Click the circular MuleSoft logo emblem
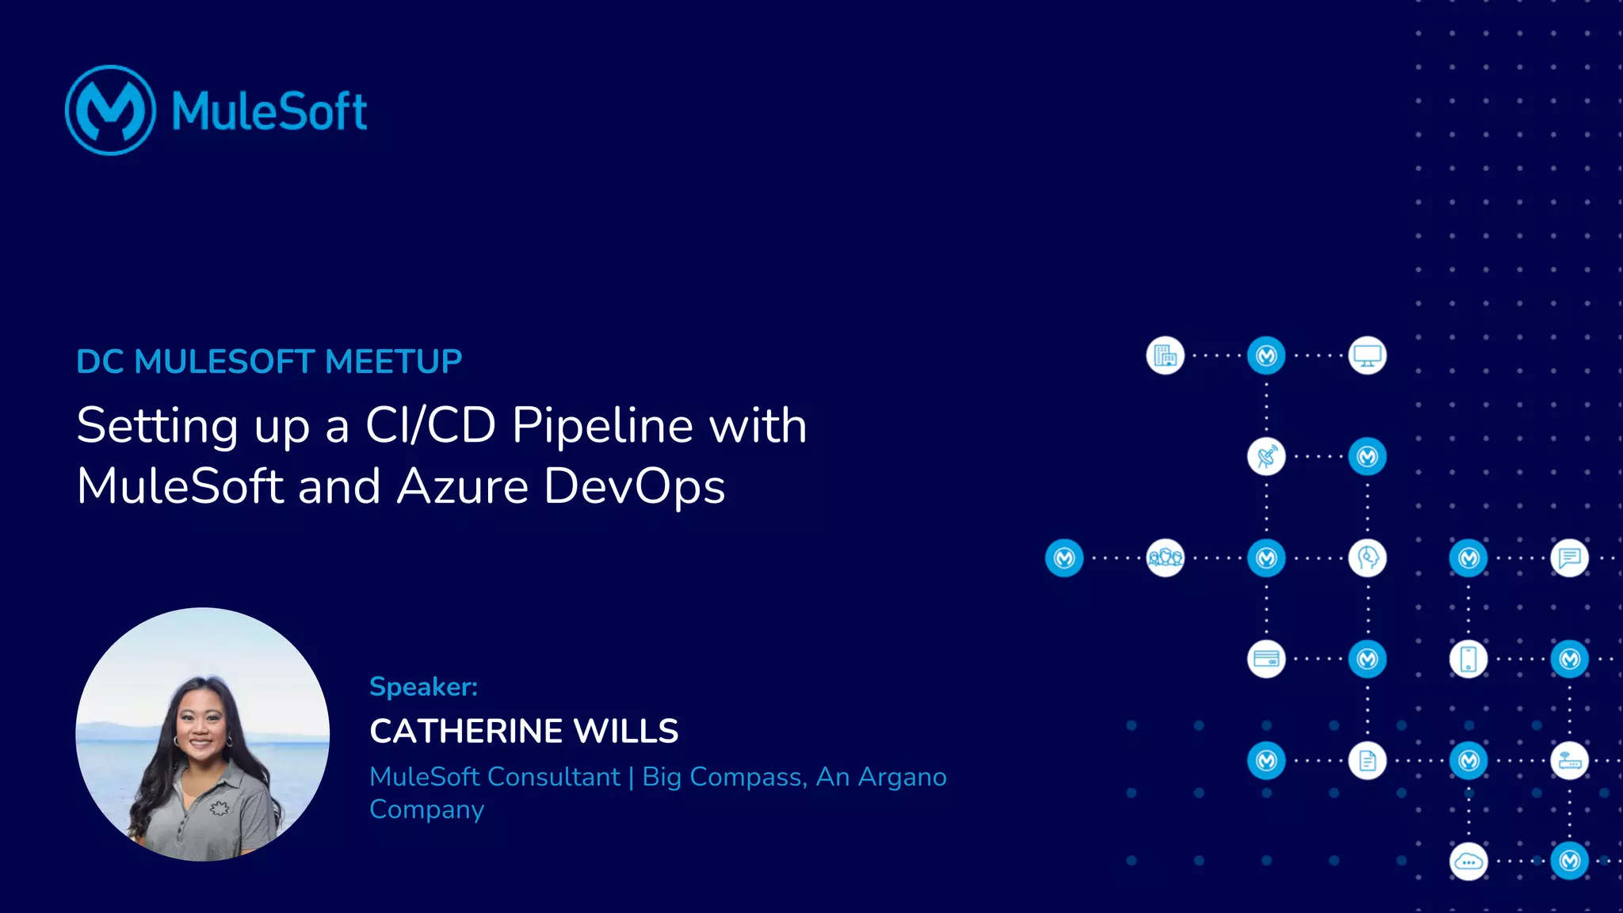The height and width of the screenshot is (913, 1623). [x=110, y=110]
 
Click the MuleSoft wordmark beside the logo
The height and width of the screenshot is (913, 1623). [x=269, y=111]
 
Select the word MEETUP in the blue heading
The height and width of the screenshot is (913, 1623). [x=393, y=362]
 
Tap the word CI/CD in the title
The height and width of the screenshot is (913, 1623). [x=430, y=425]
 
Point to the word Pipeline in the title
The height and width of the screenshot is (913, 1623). [x=603, y=425]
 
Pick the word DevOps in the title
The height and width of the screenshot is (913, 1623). [x=634, y=487]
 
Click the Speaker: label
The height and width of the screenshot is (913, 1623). [x=423, y=687]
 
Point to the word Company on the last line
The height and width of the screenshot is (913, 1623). [x=426, y=809]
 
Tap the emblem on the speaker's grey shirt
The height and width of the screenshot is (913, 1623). [x=219, y=808]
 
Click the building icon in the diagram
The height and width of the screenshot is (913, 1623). [x=1165, y=356]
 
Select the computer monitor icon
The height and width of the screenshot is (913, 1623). [x=1367, y=356]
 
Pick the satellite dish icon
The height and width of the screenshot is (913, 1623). [x=1266, y=457]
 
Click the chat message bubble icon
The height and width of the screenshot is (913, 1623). [x=1569, y=558]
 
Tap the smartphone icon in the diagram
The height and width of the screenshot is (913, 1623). [x=1468, y=659]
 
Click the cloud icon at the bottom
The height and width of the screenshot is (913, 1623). [x=1468, y=862]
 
